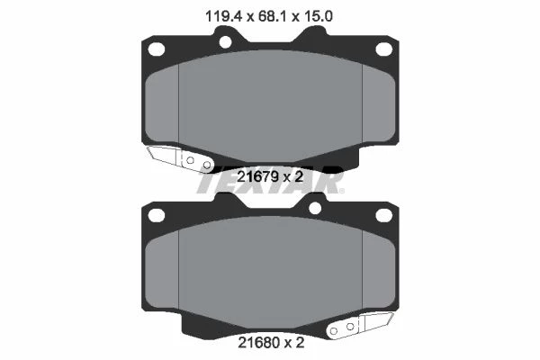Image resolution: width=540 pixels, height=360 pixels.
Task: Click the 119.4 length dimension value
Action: [x=223, y=16]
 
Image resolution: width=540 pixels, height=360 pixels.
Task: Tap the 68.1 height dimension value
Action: [x=270, y=16]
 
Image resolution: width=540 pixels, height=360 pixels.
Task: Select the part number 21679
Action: [x=257, y=177]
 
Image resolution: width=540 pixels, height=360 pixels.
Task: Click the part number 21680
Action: [x=258, y=343]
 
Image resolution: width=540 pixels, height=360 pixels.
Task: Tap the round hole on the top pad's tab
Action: [x=225, y=42]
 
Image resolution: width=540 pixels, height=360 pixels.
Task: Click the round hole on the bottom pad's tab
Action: [x=315, y=208]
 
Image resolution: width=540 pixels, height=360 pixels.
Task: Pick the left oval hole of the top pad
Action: [x=156, y=49]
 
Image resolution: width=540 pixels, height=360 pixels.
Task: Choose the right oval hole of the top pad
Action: [x=383, y=49]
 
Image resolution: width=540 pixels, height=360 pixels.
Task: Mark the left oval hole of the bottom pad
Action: [x=156, y=215]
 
